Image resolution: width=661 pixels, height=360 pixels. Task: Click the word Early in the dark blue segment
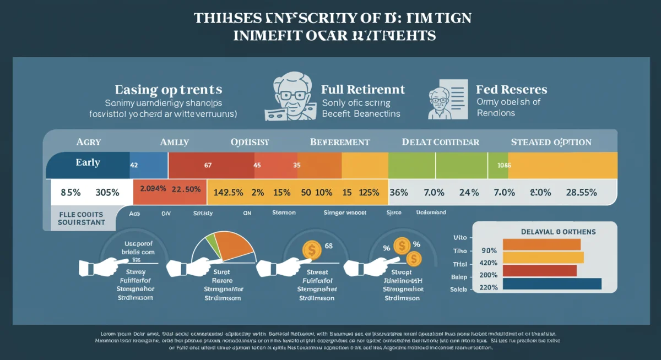pyautogui.click(x=88, y=162)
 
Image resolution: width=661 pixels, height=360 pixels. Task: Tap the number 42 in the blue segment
pyautogui.click(x=134, y=165)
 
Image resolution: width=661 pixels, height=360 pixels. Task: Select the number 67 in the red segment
pyautogui.click(x=208, y=165)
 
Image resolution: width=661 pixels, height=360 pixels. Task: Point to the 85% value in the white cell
pyautogui.click(x=71, y=193)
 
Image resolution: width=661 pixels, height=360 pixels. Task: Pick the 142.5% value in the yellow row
pyautogui.click(x=228, y=193)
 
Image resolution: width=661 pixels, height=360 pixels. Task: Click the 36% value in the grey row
pyautogui.click(x=398, y=193)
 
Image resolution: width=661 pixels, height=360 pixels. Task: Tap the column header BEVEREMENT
pyautogui.click(x=339, y=142)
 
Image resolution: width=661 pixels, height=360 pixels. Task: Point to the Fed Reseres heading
pyautogui.click(x=512, y=89)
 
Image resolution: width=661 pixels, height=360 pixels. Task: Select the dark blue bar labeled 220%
pyautogui.click(x=552, y=284)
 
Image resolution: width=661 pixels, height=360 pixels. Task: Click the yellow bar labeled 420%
pyautogui.click(x=543, y=258)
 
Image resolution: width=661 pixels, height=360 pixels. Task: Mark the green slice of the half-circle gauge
pyautogui.click(x=209, y=243)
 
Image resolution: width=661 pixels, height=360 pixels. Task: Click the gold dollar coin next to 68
pyautogui.click(x=312, y=251)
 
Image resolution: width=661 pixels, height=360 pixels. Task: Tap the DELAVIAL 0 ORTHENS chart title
pyautogui.click(x=558, y=232)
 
